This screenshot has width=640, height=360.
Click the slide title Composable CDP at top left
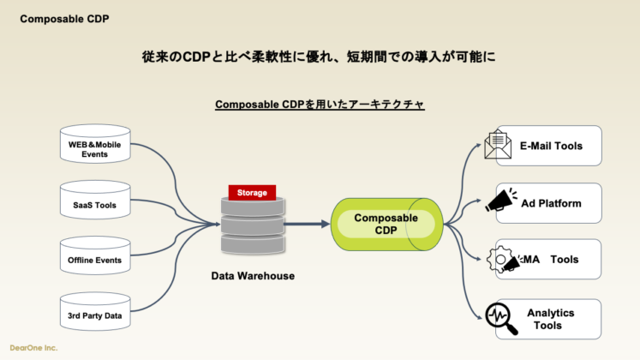[64, 18]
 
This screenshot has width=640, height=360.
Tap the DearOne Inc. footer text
[33, 348]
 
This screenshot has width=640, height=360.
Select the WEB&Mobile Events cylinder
[95, 148]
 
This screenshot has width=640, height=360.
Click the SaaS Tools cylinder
[95, 205]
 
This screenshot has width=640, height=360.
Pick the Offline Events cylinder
[95, 260]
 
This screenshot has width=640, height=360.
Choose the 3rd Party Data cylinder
[95, 315]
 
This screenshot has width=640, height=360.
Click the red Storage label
[253, 193]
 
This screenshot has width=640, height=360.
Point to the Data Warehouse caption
[253, 276]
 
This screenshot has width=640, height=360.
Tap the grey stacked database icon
[253, 225]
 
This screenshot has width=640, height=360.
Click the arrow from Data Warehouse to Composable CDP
[306, 224]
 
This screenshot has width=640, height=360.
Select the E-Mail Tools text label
[551, 146]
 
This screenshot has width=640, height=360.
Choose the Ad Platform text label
[551, 203]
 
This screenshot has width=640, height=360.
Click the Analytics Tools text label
[551, 319]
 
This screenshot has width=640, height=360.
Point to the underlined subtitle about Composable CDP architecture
[320, 105]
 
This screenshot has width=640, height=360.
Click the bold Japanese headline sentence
[320, 57]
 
